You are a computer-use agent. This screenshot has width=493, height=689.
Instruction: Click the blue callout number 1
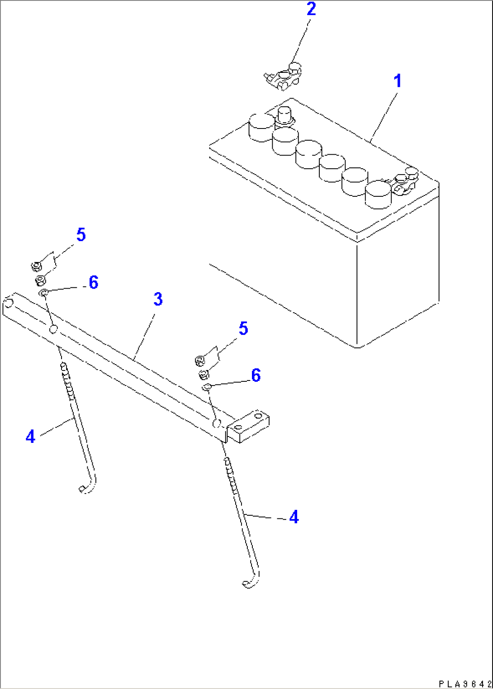[x=398, y=81]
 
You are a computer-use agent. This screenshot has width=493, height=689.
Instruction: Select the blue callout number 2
[x=311, y=9]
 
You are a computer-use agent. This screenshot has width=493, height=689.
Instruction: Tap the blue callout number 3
[x=158, y=299]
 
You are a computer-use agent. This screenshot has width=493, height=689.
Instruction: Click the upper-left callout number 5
[x=81, y=235]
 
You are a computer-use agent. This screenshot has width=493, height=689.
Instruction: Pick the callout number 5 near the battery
[x=243, y=328]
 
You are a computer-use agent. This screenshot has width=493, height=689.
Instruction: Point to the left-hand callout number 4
[x=30, y=437]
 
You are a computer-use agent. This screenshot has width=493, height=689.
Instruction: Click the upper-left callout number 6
[x=94, y=282]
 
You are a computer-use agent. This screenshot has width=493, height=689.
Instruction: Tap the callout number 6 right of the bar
[x=256, y=375]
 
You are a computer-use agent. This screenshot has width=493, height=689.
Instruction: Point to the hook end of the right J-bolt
[x=251, y=583]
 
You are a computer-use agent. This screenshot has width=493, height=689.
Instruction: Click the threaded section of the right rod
[x=231, y=475]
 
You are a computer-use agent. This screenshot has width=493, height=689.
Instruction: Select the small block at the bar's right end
[x=248, y=425]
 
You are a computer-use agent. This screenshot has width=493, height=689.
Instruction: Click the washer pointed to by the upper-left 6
[x=43, y=293]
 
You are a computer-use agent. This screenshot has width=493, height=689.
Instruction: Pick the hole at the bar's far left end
[x=7, y=303]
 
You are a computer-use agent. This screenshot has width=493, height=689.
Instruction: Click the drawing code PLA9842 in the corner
[x=465, y=684]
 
